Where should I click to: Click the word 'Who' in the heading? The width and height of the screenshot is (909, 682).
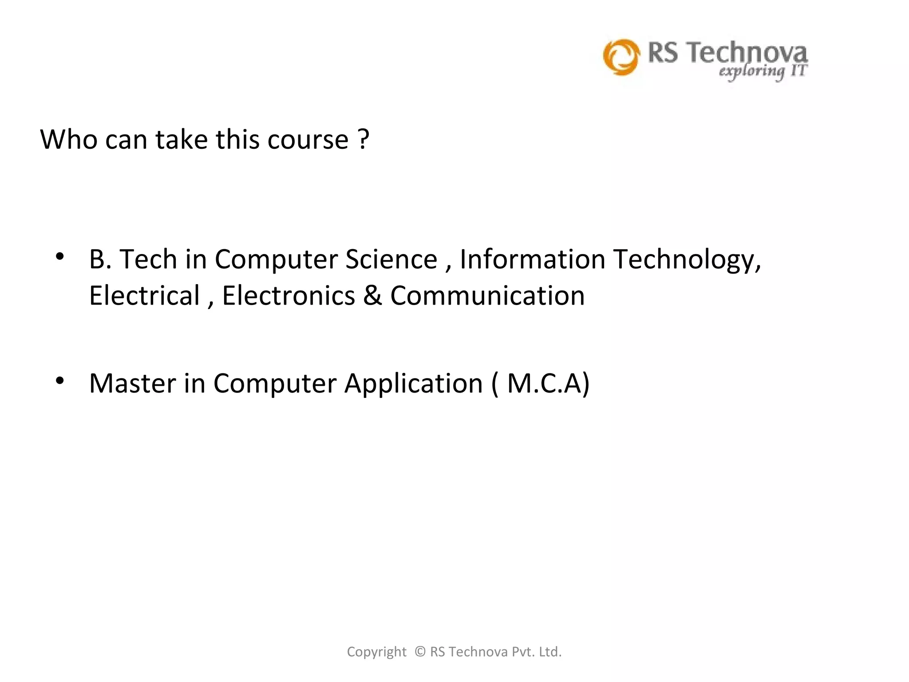(68, 139)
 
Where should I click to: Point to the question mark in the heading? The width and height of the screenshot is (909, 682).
(364, 139)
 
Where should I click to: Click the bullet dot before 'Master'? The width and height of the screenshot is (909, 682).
(60, 381)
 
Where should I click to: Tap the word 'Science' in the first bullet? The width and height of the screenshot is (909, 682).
(391, 259)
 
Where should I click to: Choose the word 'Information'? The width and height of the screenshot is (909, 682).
(532, 259)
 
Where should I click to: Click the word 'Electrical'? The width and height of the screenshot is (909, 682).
(145, 295)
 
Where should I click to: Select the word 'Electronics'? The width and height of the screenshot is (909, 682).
(289, 295)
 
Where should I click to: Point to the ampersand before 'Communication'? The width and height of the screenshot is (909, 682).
(372, 295)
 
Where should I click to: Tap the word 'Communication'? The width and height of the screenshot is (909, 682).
(487, 295)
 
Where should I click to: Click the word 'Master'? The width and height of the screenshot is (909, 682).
(132, 383)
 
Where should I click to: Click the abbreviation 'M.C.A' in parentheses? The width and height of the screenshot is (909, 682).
(544, 383)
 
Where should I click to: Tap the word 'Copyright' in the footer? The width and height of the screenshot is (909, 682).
(376, 652)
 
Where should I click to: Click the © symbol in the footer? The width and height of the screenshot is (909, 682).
(420, 652)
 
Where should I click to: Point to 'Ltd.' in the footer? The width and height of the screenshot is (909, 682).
(550, 652)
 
